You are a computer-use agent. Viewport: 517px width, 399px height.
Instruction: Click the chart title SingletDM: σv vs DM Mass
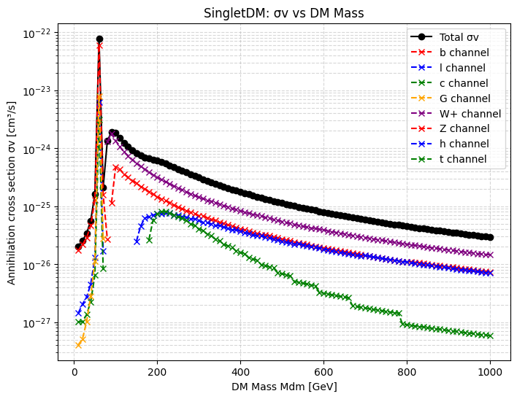click(283, 13)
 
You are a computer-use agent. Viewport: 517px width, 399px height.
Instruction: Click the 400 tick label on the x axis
click(240, 372)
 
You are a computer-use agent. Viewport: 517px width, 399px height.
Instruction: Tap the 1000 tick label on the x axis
click(490, 372)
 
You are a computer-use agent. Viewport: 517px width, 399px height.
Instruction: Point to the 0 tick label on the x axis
click(74, 372)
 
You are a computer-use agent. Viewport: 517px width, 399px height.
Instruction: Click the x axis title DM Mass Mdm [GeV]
click(284, 387)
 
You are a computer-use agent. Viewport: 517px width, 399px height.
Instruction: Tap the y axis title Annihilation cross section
click(11, 193)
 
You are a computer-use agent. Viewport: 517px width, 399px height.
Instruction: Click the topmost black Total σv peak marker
click(99, 39)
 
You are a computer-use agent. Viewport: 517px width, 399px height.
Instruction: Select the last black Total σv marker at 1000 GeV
click(490, 238)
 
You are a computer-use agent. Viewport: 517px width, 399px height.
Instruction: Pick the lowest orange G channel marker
click(78, 345)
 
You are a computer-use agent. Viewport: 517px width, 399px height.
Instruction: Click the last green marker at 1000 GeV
click(490, 336)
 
